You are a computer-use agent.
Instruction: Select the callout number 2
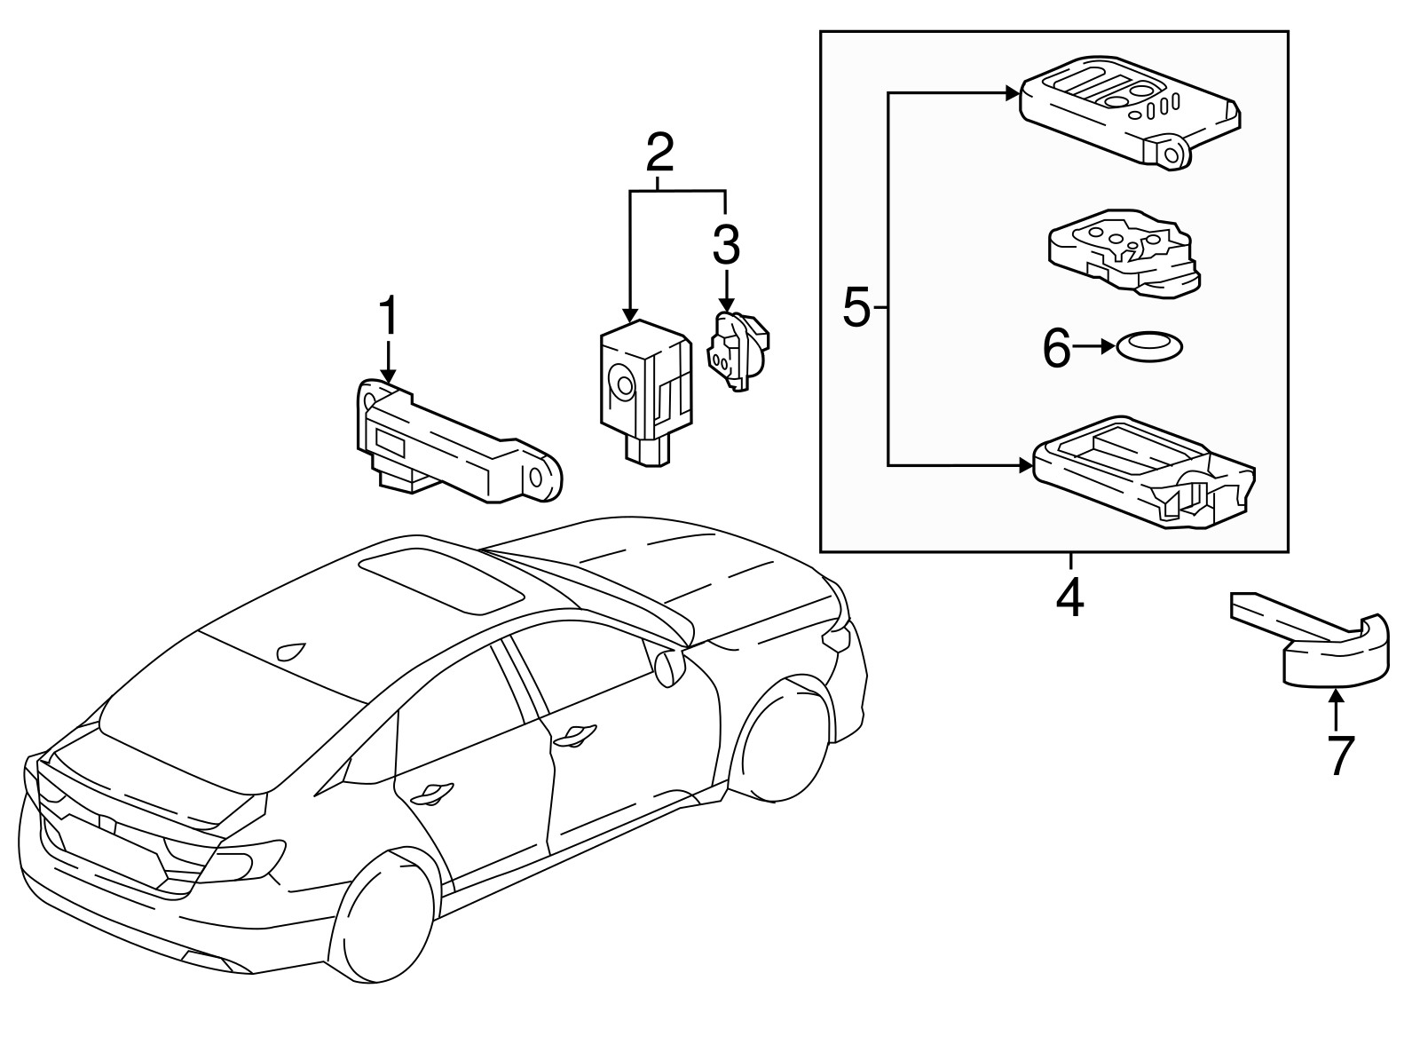(659, 155)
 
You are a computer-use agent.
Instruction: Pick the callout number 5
(856, 308)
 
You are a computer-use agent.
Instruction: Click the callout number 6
(1056, 347)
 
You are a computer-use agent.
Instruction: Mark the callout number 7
(1340, 755)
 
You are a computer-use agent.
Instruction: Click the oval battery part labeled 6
(1148, 347)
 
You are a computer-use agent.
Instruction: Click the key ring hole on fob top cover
(1172, 155)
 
